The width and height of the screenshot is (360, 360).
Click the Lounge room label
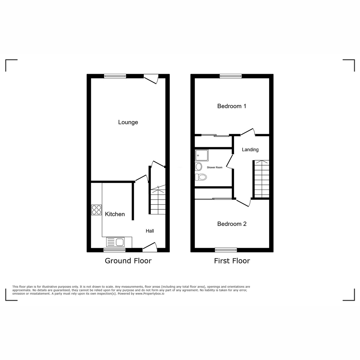(x=128, y=122)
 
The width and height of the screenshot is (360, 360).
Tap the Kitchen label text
(x=115, y=214)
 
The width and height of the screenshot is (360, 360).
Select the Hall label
(x=150, y=231)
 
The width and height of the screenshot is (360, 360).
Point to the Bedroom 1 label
(x=232, y=106)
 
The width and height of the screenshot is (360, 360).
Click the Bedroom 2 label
(x=232, y=224)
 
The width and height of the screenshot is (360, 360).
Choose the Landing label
(x=250, y=150)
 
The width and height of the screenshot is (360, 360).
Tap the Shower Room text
(x=214, y=167)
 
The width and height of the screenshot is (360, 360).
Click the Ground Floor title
(x=128, y=261)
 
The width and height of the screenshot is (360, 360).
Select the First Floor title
(x=232, y=261)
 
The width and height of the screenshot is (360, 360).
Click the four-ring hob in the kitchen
(x=96, y=210)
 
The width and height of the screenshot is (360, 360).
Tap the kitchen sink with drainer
(x=115, y=242)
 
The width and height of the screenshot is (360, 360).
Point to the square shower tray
(x=202, y=155)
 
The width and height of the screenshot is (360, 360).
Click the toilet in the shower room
(x=201, y=177)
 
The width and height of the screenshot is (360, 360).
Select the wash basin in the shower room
(x=198, y=166)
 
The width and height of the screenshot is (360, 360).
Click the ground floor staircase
(x=158, y=200)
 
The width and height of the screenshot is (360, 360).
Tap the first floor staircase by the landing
(x=262, y=179)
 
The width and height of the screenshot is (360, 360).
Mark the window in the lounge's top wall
(x=115, y=76)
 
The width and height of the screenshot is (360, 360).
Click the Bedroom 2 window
(x=226, y=250)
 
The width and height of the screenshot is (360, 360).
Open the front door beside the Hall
(x=150, y=247)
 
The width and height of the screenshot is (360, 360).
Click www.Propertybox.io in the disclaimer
(x=150, y=293)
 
